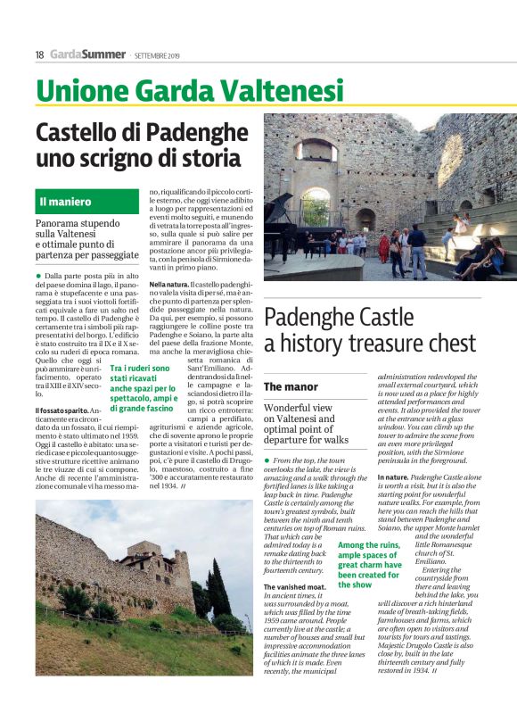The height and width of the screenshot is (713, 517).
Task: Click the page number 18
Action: coord(40,55)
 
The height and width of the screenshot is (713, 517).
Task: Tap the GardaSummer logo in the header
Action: coord(87,55)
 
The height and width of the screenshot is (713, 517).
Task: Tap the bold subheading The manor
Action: coord(291,386)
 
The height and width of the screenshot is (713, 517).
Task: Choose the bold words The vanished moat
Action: coord(296,586)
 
